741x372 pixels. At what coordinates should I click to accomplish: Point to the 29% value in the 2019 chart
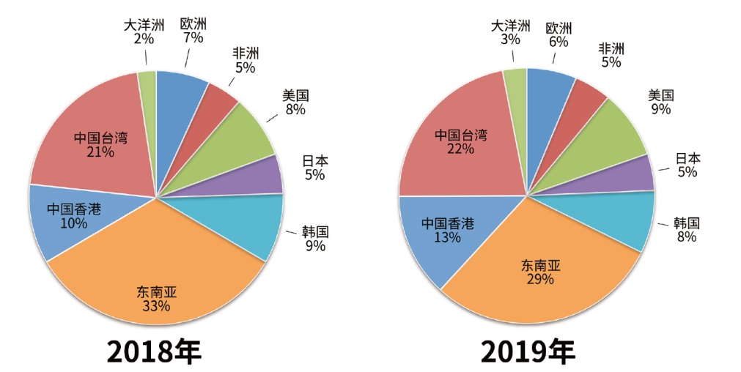pyautogui.click(x=540, y=279)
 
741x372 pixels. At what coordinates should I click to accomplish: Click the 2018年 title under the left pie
pyautogui.click(x=154, y=351)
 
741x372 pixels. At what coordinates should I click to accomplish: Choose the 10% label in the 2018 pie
pyautogui.click(x=73, y=223)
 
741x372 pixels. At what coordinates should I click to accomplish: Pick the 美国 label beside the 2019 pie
pyautogui.click(x=661, y=95)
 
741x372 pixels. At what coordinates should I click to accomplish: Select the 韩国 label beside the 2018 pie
pyautogui.click(x=315, y=231)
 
